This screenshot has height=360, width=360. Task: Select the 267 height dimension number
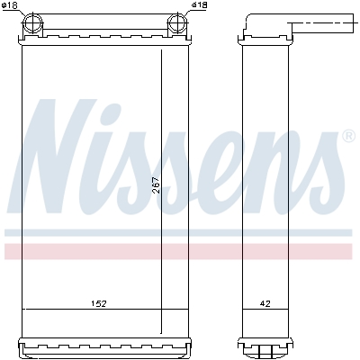156,184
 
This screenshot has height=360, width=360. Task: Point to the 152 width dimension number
99,303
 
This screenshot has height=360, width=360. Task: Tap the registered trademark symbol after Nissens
347,137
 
